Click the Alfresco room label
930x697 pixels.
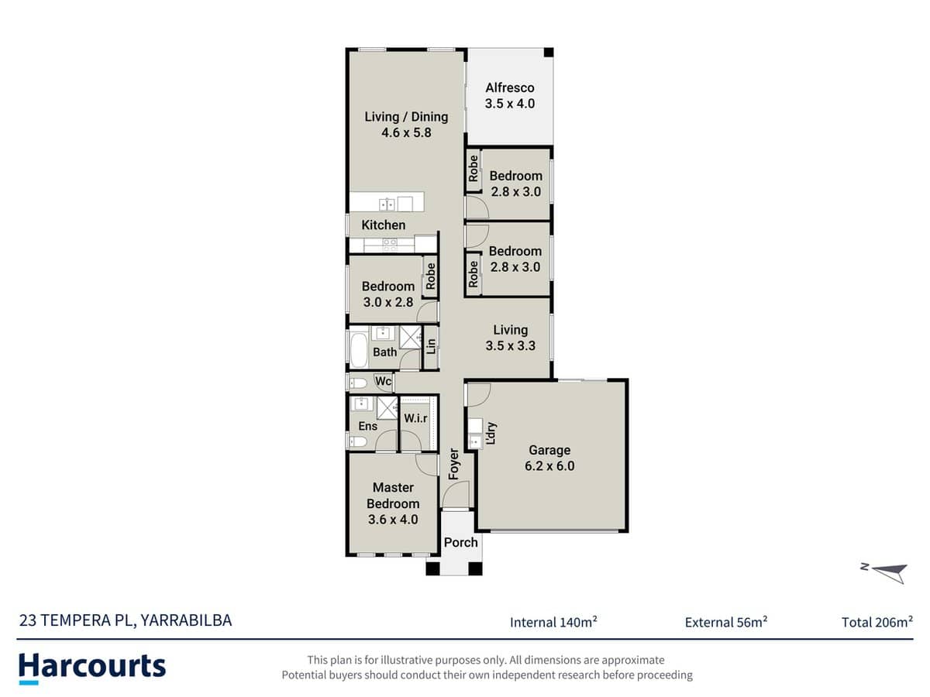(509, 88)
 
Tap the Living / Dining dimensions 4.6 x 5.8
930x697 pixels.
(406, 132)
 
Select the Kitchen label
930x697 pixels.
(384, 225)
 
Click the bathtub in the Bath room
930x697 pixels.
(359, 350)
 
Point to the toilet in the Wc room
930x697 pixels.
(358, 382)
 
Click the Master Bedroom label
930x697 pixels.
(393, 496)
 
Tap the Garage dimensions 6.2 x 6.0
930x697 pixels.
(549, 466)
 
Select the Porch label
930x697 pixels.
(461, 542)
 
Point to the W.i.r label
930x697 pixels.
(415, 418)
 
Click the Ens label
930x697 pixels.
(368, 426)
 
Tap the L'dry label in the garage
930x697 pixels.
(491, 433)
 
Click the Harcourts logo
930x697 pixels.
(92, 667)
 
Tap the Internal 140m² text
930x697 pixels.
(553, 621)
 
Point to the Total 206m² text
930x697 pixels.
(877, 621)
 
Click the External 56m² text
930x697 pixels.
(726, 621)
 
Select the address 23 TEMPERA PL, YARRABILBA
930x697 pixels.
(125, 620)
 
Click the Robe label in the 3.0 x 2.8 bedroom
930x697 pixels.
(431, 276)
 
